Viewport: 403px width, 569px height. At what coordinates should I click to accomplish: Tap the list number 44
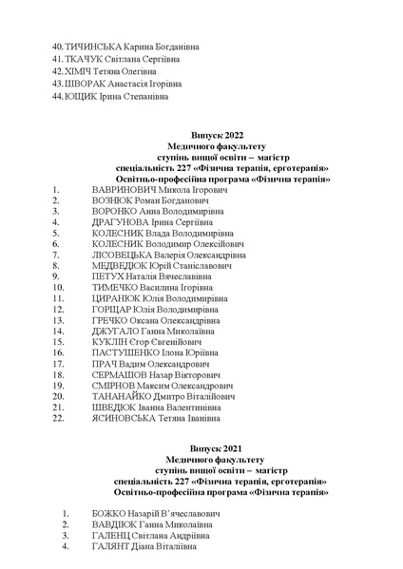pyautogui.click(x=58, y=96)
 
